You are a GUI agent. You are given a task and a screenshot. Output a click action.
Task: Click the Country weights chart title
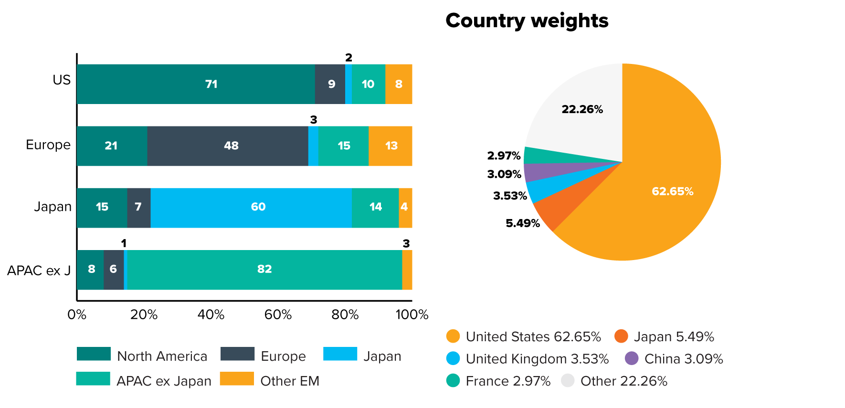[x=527, y=21]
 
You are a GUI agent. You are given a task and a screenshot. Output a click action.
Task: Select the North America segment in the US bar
[x=196, y=84]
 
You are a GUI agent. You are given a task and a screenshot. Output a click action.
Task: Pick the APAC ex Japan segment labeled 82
[x=264, y=269]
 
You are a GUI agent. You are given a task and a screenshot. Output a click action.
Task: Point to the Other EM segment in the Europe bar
[x=390, y=146]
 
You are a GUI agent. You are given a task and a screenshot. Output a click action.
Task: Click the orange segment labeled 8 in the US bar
[x=399, y=84]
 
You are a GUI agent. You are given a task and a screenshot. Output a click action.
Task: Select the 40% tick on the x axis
[x=211, y=314]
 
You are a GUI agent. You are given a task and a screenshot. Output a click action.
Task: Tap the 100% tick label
[x=412, y=314]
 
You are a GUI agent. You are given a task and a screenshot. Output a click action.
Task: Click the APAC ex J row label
[x=39, y=271]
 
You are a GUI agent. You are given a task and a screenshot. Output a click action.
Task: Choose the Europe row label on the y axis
[x=48, y=145]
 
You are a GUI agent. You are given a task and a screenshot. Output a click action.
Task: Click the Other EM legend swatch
[x=237, y=379]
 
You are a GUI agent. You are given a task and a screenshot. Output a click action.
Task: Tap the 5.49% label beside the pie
[x=522, y=223]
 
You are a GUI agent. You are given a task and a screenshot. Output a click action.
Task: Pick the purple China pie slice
[x=549, y=172]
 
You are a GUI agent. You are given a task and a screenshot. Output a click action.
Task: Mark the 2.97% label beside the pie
[x=504, y=156]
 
